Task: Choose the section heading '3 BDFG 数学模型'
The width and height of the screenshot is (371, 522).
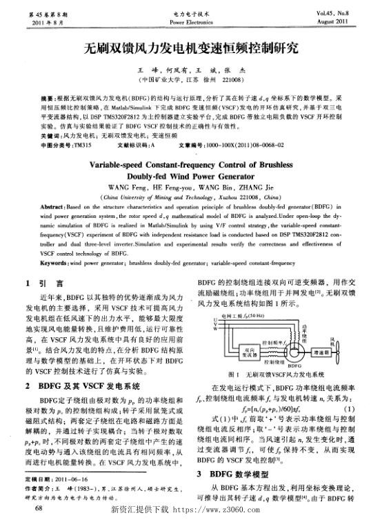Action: click(234, 474)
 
